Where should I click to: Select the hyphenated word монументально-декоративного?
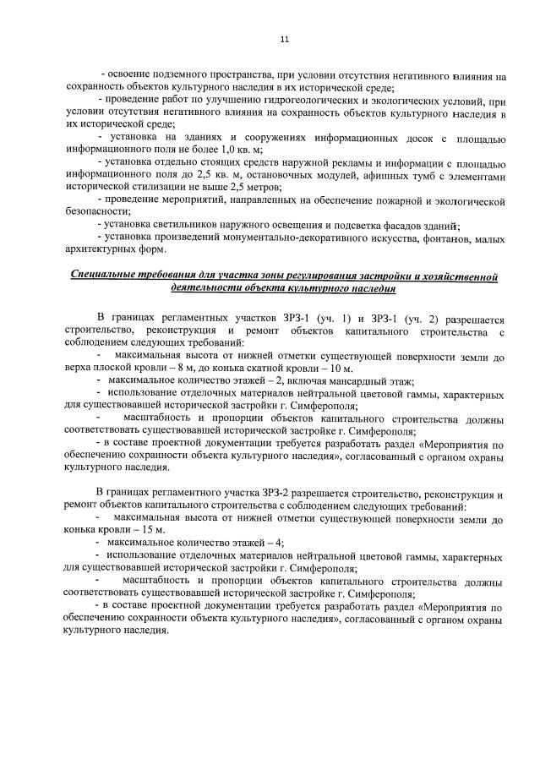(x=287, y=238)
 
